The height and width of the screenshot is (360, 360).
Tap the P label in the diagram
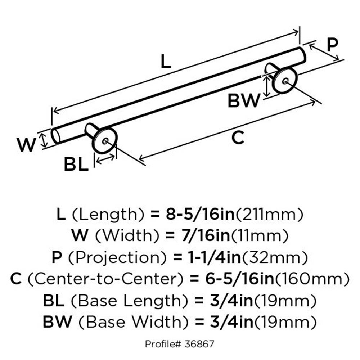coord(332,45)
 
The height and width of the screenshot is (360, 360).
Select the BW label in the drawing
coord(243,101)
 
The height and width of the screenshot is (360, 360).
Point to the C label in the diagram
coord(238,138)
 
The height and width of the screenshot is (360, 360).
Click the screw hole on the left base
coord(105,141)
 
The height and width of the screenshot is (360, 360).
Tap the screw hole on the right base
coord(285,81)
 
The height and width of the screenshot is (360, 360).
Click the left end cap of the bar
coord(55,136)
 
